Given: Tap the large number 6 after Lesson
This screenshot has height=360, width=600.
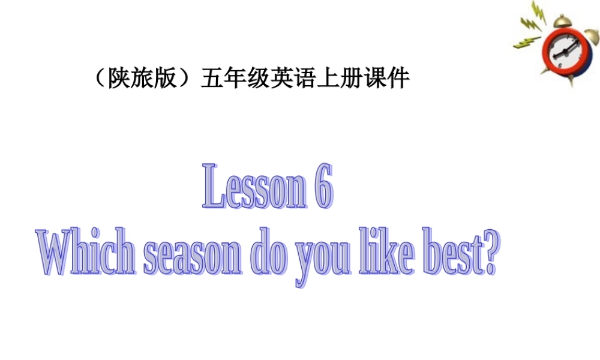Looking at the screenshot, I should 322,187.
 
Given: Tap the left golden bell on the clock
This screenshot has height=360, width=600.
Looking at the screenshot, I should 562,21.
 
